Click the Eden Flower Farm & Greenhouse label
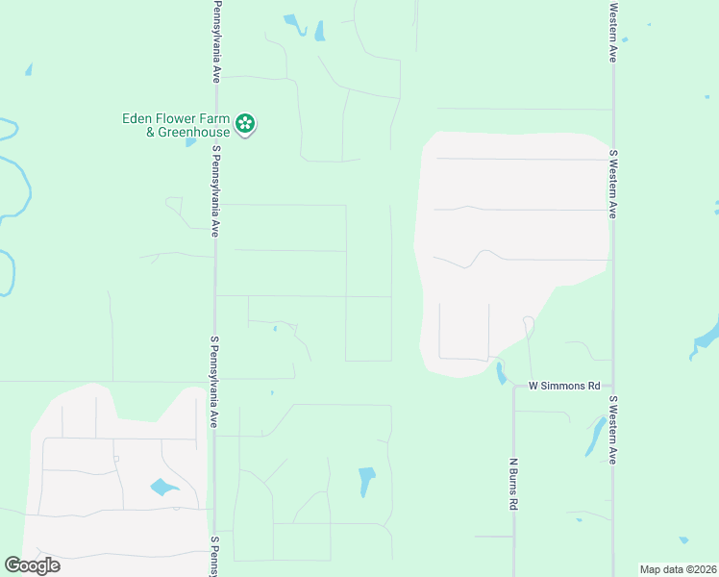coord(176,125)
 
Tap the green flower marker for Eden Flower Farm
coord(246,124)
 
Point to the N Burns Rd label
coord(514,483)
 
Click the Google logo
coord(32,565)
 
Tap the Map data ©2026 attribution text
coord(677,569)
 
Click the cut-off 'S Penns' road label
coord(216,556)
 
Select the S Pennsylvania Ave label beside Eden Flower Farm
coord(216,190)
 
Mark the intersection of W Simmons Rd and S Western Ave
coord(612,386)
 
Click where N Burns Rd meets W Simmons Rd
coord(514,387)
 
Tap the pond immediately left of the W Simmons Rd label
coord(500,373)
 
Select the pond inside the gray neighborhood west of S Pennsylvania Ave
coord(163,488)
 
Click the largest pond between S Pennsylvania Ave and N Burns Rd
coord(366,480)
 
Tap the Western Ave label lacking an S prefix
coord(612,33)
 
